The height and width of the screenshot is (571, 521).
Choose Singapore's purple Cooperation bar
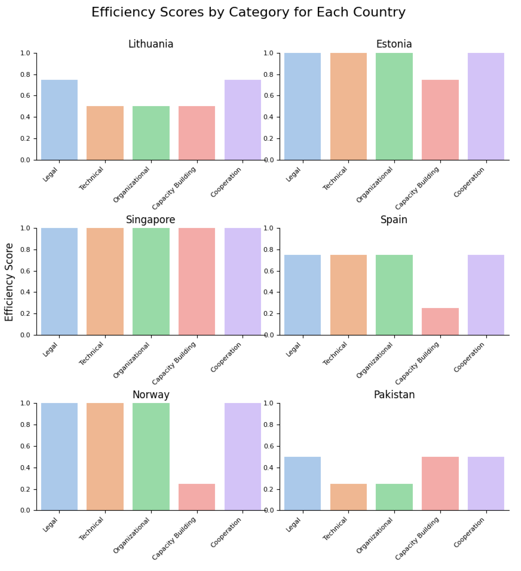click(243, 281)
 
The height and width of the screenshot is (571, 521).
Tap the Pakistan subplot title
click(394, 394)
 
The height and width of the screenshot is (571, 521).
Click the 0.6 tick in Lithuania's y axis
click(25, 96)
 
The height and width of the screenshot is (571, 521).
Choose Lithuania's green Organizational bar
click(151, 133)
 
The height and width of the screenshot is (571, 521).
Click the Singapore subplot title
click(151, 220)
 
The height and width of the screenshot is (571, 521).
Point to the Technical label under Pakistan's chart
click(335, 528)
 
